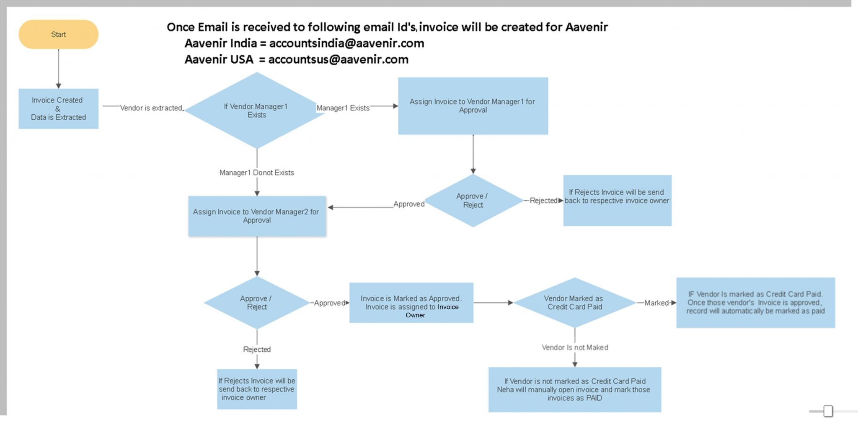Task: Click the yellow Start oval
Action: click(x=58, y=34)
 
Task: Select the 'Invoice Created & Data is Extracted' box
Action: click(x=58, y=109)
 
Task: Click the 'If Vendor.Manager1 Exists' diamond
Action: click(x=256, y=111)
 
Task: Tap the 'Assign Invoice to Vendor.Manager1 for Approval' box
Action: click(x=473, y=106)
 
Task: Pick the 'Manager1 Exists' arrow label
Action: click(x=343, y=108)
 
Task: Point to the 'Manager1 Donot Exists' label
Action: click(x=256, y=172)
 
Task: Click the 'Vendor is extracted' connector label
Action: click(x=151, y=108)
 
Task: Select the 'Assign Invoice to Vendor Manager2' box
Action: click(x=257, y=216)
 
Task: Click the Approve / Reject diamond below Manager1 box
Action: click(x=473, y=201)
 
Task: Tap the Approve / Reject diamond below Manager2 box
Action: click(x=256, y=303)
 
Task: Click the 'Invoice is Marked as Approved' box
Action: click(x=411, y=303)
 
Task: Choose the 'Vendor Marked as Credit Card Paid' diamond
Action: click(x=574, y=303)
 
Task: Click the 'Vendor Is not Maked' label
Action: click(x=574, y=347)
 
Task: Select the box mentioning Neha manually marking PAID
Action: click(x=574, y=390)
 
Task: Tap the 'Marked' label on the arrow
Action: click(x=656, y=303)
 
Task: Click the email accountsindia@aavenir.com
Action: click(x=346, y=43)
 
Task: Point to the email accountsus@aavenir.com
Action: click(x=338, y=59)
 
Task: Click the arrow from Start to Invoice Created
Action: click(x=58, y=69)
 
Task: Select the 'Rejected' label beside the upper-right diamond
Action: click(x=543, y=201)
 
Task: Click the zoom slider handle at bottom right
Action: click(x=828, y=411)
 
